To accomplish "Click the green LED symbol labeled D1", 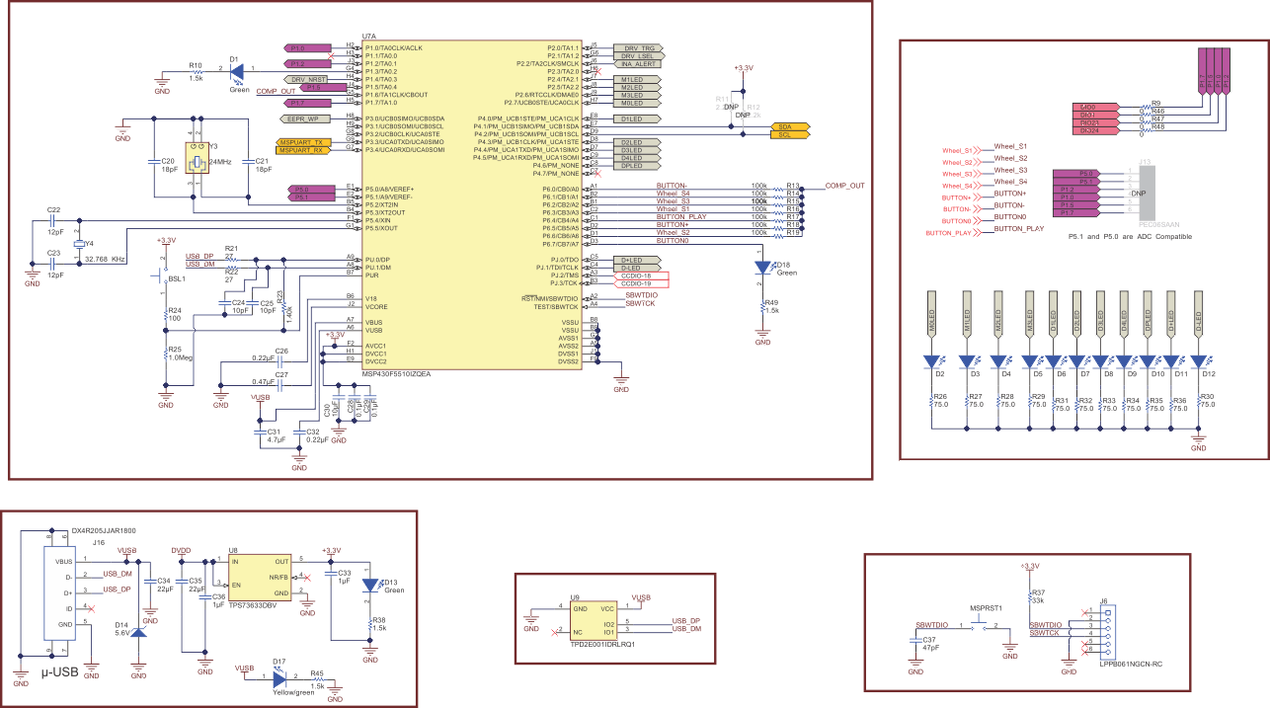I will click(x=237, y=69).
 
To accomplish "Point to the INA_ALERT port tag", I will click(x=637, y=63).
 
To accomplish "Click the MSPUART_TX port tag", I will click(x=304, y=142).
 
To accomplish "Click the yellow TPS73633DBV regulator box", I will click(x=260, y=577).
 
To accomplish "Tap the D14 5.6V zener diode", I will click(x=137, y=629).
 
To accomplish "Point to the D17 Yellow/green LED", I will click(x=279, y=677).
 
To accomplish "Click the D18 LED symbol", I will click(x=761, y=268).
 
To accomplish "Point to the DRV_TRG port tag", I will click(x=637, y=47).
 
